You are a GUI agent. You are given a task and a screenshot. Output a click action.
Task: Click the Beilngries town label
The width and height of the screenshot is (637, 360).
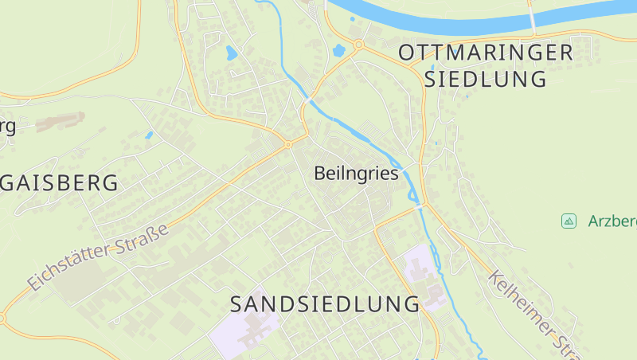coord(356,173)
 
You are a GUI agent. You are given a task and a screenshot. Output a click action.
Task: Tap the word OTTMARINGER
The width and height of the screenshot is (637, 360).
coord(486,53)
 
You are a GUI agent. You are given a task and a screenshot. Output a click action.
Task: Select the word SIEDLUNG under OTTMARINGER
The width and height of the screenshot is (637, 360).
coord(486,79)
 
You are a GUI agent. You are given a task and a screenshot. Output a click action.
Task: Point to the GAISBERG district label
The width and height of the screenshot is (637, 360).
coord(60,182)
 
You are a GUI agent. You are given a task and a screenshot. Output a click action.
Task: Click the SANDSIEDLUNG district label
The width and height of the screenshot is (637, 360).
coord(325,303)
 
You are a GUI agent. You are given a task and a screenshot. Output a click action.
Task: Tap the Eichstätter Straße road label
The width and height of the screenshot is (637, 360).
coord(100,256)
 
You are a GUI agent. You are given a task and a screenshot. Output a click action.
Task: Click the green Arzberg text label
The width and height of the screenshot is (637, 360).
coord(612,221)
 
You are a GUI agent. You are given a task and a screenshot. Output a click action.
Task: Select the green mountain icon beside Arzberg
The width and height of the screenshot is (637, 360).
coord(569,221)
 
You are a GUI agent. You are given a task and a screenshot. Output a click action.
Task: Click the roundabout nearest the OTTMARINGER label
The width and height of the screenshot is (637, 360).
coord(359,45)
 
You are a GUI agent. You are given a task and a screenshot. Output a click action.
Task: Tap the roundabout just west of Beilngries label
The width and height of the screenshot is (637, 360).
coord(287,145)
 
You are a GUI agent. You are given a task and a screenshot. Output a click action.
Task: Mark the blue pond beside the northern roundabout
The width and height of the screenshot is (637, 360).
coord(339,51)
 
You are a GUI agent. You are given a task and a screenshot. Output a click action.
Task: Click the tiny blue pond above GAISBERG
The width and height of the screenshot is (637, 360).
coord(148,135)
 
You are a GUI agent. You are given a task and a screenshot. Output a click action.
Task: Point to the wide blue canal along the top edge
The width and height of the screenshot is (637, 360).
coord(446,16)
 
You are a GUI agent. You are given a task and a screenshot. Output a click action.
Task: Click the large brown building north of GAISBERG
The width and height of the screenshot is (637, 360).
coord(60,122)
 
